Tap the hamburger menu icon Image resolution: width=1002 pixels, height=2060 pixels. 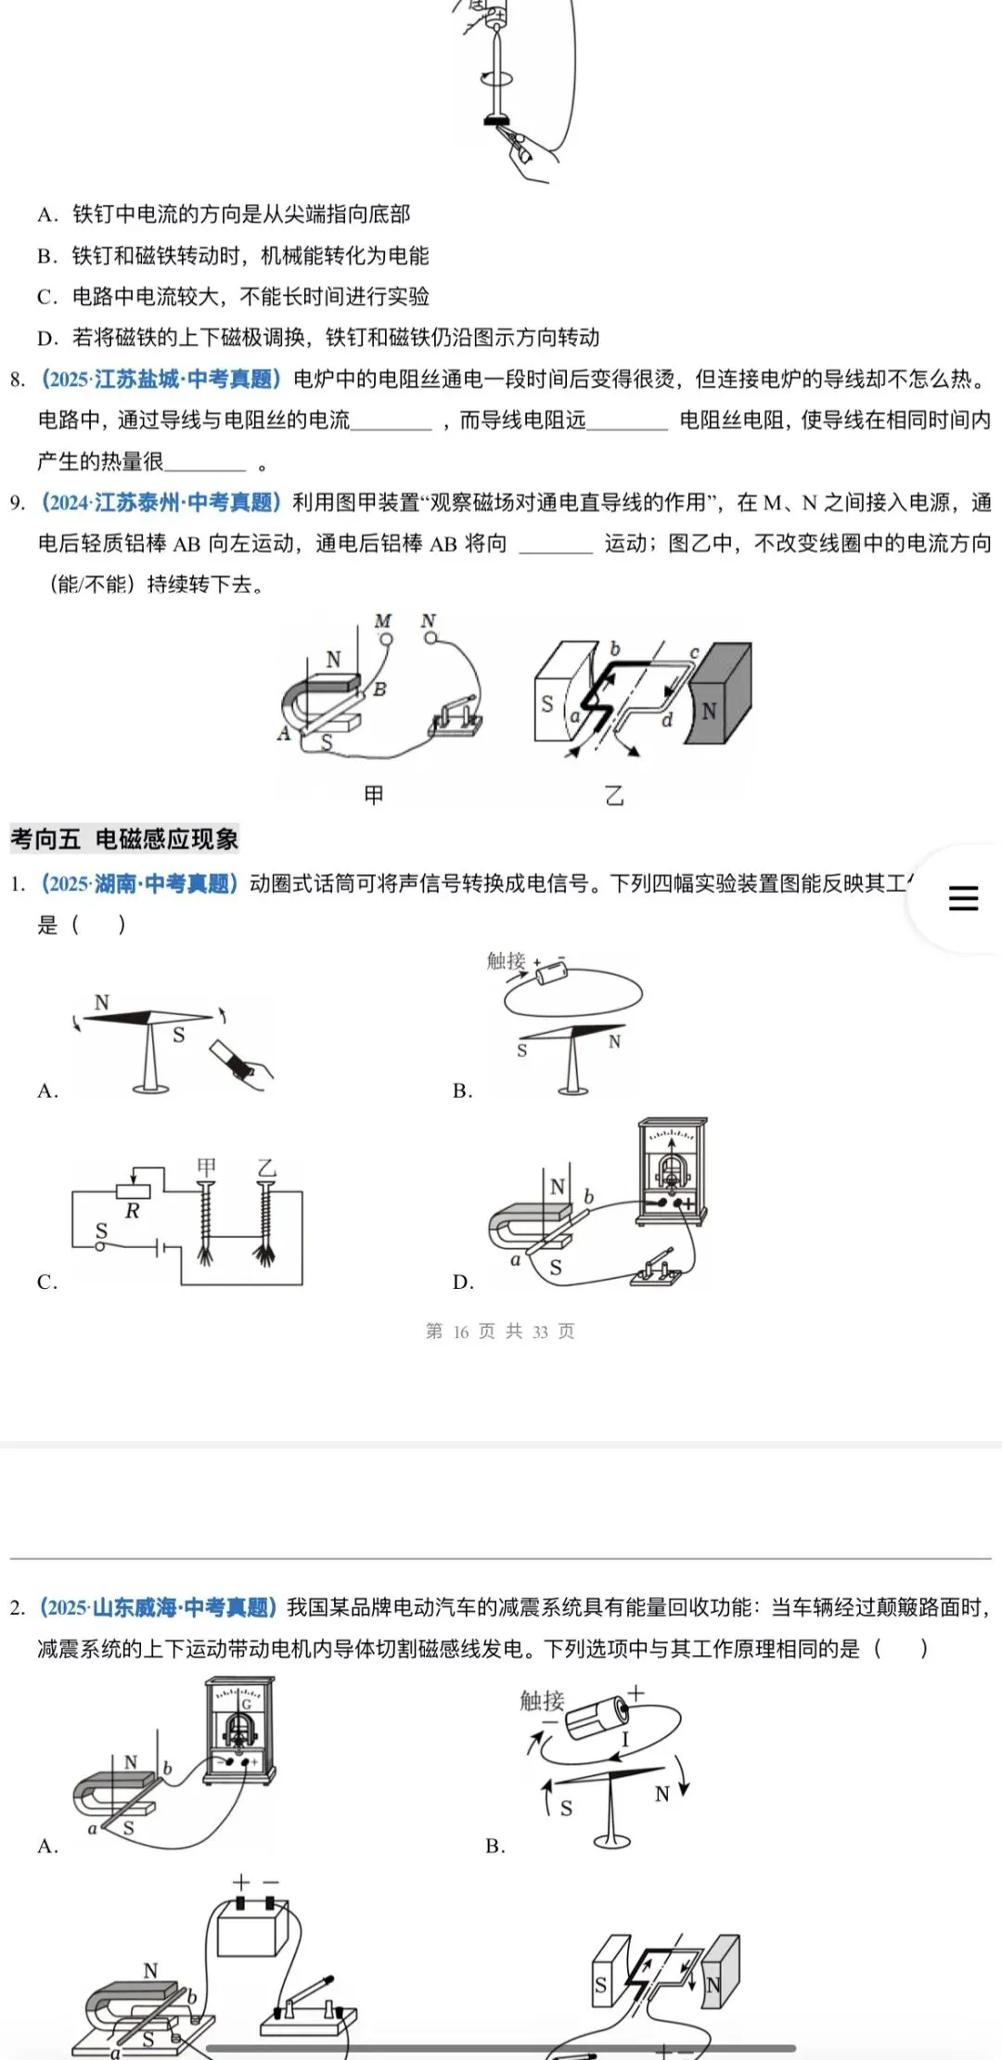(963, 898)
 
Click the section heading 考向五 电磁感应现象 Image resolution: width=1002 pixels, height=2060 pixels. (124, 839)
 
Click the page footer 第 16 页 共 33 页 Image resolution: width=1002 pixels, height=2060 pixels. (500, 1332)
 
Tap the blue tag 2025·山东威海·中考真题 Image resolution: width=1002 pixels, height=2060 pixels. (158, 1607)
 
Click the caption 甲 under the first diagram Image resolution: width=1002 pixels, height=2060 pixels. (373, 795)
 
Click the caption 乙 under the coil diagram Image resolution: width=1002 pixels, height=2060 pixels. (614, 795)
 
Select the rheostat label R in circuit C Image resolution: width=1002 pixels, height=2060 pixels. (132, 1211)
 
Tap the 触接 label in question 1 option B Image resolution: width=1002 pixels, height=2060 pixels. (507, 961)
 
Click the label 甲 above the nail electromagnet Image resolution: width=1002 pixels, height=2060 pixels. (206, 1165)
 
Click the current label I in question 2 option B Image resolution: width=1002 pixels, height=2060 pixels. (625, 1739)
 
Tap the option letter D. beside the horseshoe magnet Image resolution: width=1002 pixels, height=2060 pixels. (464, 1281)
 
